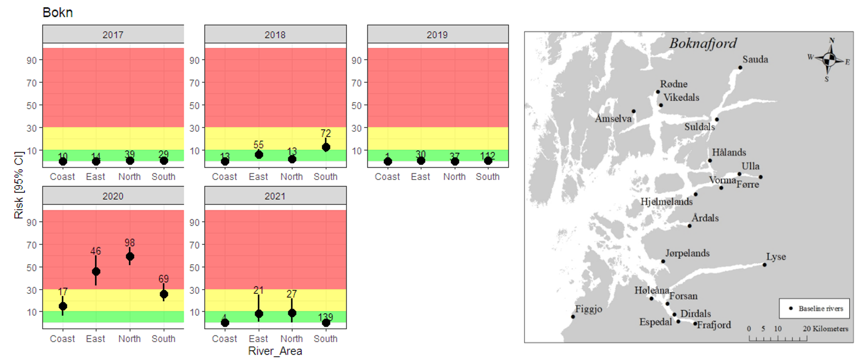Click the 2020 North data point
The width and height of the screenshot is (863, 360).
coord(130,257)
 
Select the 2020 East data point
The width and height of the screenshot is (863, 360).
coord(96,272)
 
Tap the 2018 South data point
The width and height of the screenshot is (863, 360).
coord(326,147)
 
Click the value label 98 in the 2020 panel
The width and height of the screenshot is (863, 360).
coord(129,243)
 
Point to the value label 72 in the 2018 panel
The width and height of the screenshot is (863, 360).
coord(326,134)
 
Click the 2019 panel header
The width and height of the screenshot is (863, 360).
coord(438,34)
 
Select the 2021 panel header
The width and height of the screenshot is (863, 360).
coord(275,196)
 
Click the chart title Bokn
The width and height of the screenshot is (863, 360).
coord(58,12)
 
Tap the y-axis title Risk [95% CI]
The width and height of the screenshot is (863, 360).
coord(18,185)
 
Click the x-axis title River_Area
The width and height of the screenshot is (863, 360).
coord(275,351)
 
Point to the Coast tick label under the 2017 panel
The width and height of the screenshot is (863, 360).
coord(62,177)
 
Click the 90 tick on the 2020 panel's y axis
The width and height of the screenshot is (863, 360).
coord(32,222)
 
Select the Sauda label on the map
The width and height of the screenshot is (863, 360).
coord(755,60)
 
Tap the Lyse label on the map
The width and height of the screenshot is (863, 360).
coord(776,257)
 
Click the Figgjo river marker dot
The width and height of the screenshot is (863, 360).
coord(573,317)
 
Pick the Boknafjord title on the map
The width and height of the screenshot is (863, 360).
coord(703,43)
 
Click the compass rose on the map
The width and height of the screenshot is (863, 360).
coord(829,60)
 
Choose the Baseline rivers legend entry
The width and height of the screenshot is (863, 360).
coord(815,309)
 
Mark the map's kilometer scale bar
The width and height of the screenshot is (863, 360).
coord(778,338)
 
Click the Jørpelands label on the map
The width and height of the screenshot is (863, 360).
coord(687,253)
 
